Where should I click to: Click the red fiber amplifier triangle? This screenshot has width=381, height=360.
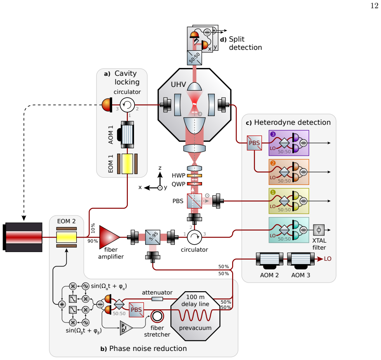[x=108, y=237]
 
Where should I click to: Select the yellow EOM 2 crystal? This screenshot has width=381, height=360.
[x=66, y=237]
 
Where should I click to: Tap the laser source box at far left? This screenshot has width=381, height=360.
[x=23, y=237]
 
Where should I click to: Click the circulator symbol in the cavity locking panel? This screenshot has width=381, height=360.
[x=127, y=105]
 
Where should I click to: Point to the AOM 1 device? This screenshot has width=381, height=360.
[x=126, y=135]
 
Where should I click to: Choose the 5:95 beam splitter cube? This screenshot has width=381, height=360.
[x=153, y=237]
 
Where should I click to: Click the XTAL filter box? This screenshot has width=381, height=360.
[x=319, y=230]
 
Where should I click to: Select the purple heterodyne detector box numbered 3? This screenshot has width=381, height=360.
[x=289, y=143]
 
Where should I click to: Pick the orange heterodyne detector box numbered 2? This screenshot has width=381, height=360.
[x=289, y=172]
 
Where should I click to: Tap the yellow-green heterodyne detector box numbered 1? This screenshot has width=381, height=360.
[x=289, y=201]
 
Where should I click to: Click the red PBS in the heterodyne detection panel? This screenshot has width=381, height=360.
[x=254, y=143]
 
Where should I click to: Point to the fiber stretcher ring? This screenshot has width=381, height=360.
[x=157, y=316]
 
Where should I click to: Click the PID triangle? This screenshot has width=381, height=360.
[x=126, y=328]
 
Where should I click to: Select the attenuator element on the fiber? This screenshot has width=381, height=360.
[x=157, y=299]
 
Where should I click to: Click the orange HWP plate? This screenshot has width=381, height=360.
[x=194, y=175]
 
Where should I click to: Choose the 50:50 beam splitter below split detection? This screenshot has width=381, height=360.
[x=194, y=58]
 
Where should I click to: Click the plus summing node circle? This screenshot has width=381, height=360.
[x=62, y=304]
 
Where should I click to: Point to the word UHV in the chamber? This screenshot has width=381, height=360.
[x=179, y=84]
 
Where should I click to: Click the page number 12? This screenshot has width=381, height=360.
[x=374, y=6]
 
